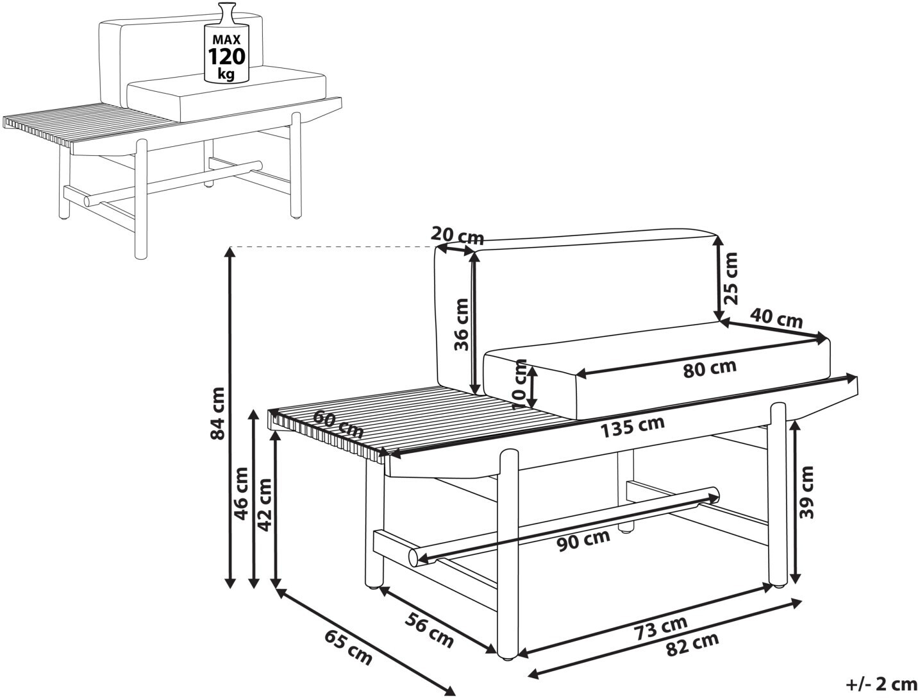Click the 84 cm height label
coord(219,413)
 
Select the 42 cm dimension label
coord(264,504)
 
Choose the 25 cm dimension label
coord(730,277)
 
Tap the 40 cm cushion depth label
coord(776,318)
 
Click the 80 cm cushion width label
coord(709,368)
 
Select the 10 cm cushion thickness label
coord(520,384)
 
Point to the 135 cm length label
coord(632,427)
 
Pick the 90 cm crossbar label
coord(583,541)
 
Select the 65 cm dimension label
coord(348,646)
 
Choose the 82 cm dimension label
coord(692,644)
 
